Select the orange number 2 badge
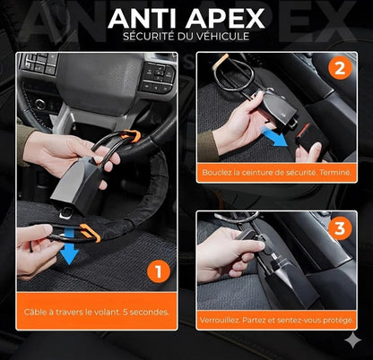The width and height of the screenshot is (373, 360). (x=338, y=68)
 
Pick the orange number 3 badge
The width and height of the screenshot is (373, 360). (x=338, y=227)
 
